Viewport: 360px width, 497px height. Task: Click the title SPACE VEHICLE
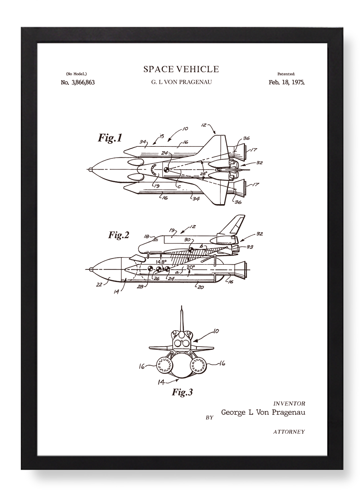(181, 69)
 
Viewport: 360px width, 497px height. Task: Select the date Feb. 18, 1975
(286, 82)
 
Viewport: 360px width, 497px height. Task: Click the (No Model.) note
(76, 74)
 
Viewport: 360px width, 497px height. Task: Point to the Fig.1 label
(110, 138)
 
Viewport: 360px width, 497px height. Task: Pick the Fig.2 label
(119, 235)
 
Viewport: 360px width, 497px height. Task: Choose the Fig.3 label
(182, 392)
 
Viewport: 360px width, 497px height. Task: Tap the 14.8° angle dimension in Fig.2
(161, 261)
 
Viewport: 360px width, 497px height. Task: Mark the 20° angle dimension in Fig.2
(191, 267)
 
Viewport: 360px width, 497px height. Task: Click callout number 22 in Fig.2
(99, 285)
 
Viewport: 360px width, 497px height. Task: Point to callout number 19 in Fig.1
(157, 186)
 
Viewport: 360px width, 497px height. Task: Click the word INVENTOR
(289, 404)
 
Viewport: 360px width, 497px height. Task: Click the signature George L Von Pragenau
(263, 413)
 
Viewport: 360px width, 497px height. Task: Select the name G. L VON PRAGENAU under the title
(181, 82)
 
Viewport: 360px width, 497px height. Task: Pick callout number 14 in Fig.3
(161, 382)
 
